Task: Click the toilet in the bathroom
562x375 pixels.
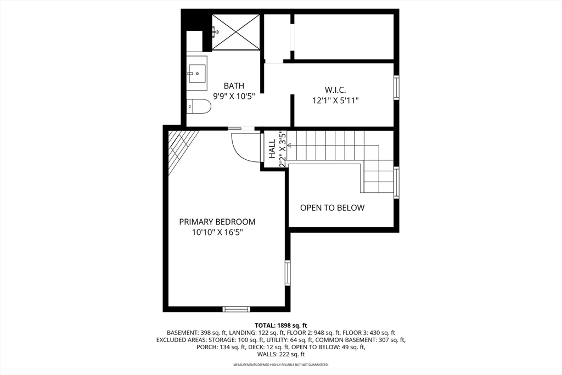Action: click(x=199, y=106)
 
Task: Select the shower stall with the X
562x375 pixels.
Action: click(x=235, y=32)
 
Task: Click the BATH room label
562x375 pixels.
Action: click(x=234, y=86)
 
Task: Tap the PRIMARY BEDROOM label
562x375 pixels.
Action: click(x=217, y=222)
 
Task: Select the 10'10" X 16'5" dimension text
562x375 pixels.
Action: click(x=217, y=232)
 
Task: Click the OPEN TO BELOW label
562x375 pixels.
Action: click(x=332, y=208)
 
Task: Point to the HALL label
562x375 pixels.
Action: click(x=272, y=148)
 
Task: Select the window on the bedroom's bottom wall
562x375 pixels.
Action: click(x=237, y=309)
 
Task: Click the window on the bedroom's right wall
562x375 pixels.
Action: click(x=287, y=273)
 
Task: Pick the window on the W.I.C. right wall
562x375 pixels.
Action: click(x=396, y=87)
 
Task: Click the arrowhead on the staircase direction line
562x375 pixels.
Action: click(x=289, y=145)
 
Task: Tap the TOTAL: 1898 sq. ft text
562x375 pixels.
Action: click(x=281, y=325)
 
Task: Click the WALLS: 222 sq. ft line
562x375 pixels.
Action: click(x=281, y=355)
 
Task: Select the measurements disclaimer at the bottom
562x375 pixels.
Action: click(x=281, y=365)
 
